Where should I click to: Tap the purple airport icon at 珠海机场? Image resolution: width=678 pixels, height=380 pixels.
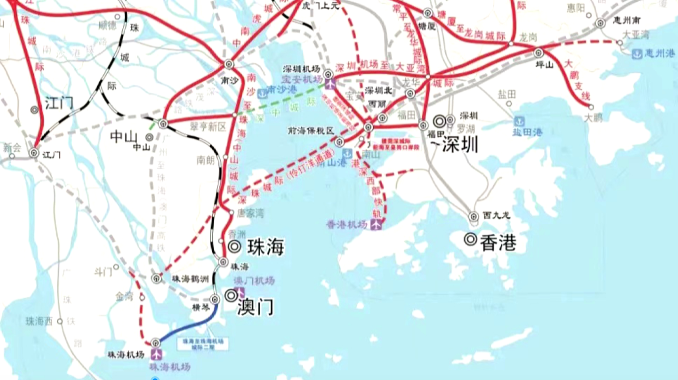coord(157,354)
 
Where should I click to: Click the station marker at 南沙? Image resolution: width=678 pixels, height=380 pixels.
coord(228,64)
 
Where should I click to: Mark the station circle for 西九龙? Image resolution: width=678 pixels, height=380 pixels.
coord(474,216)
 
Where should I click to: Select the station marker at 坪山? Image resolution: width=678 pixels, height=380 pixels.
coord(538,53)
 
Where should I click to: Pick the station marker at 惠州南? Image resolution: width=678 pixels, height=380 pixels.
coord(600,23)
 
